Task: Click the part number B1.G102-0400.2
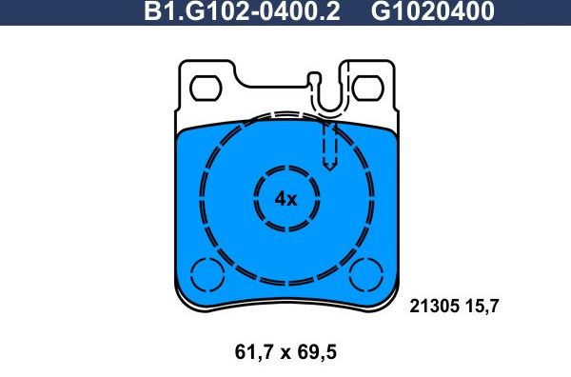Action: [x=240, y=12]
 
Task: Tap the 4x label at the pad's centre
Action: [x=285, y=199]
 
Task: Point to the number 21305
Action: [x=434, y=306]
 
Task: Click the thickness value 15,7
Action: [x=483, y=306]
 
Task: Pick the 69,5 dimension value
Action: [x=316, y=352]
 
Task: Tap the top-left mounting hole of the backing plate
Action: [x=207, y=89]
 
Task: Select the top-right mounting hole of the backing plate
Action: [x=364, y=89]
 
